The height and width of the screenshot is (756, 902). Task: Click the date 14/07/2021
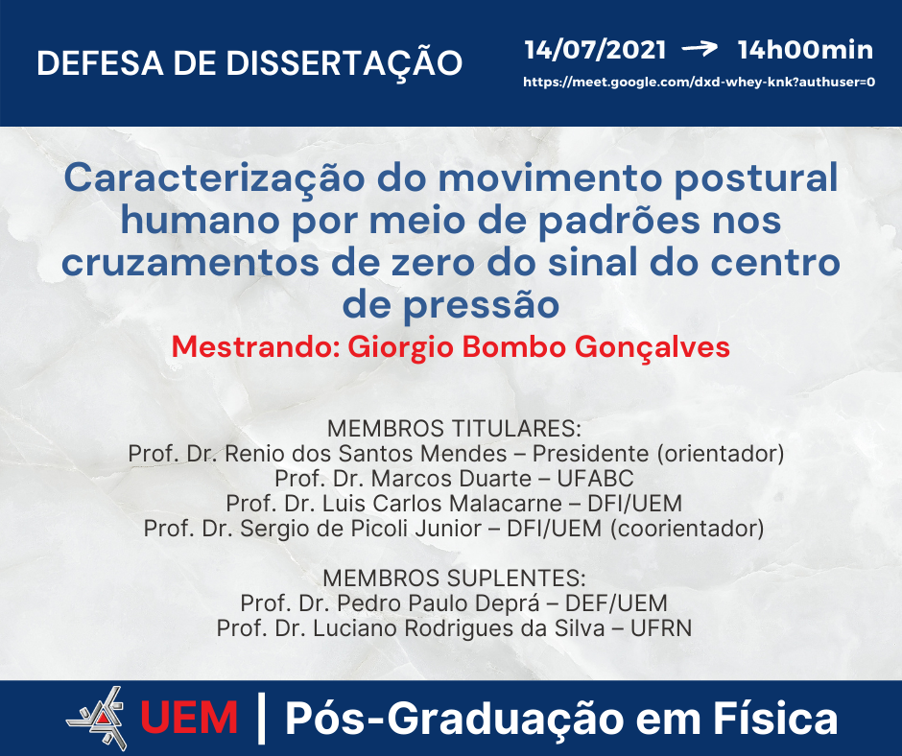tap(595, 50)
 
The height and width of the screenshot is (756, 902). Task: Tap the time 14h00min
tap(805, 50)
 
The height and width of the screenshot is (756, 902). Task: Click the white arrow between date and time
tap(700, 48)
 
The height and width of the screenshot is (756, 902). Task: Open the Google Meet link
tap(699, 82)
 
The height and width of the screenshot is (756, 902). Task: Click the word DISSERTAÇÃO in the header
tap(344, 62)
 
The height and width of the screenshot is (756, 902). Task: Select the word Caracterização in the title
tap(214, 178)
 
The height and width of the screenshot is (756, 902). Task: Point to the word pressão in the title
tap(481, 305)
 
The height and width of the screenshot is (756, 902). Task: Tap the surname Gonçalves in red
tap(653, 348)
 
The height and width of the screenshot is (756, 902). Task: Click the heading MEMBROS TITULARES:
tap(455, 429)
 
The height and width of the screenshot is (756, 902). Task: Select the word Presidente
tap(590, 454)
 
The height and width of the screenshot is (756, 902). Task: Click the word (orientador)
tap(721, 454)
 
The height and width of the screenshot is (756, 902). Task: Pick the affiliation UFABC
tap(595, 479)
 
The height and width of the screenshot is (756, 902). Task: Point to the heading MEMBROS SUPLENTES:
tap(455, 579)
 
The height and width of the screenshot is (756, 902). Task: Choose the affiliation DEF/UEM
tap(616, 603)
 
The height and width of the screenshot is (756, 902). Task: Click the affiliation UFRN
tap(661, 628)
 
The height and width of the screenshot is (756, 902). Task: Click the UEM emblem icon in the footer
tap(97, 718)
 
